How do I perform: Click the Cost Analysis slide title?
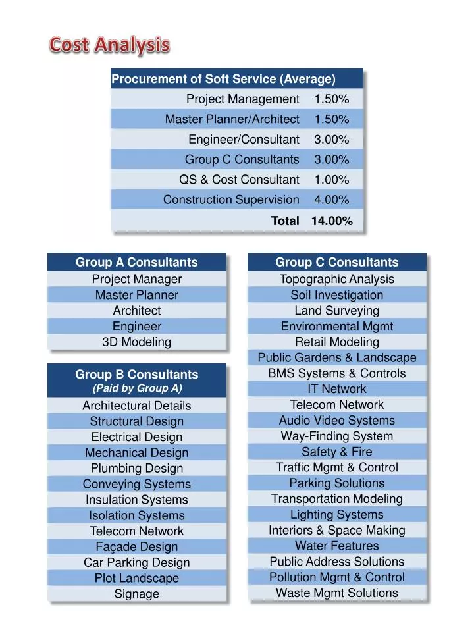[110, 45]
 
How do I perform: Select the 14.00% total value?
[332, 221]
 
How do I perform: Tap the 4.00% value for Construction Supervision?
[332, 199]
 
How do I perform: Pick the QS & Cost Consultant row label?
[239, 180]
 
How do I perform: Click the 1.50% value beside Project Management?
[332, 99]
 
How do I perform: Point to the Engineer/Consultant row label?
[244, 140]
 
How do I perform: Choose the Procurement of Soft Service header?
[223, 79]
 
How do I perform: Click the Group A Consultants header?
[136, 262]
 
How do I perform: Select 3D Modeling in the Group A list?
[136, 342]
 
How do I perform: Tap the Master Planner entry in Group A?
[136, 295]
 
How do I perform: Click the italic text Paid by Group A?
[136, 388]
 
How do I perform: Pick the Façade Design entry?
[136, 547]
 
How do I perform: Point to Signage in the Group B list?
[136, 594]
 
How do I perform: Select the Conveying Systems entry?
[136, 484]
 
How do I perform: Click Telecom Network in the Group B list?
[136, 531]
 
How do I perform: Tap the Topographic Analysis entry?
[336, 279]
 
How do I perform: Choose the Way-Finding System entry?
[336, 436]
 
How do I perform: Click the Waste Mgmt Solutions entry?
[336, 592]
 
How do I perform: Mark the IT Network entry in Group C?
[336, 389]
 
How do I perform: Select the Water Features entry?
[336, 546]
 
